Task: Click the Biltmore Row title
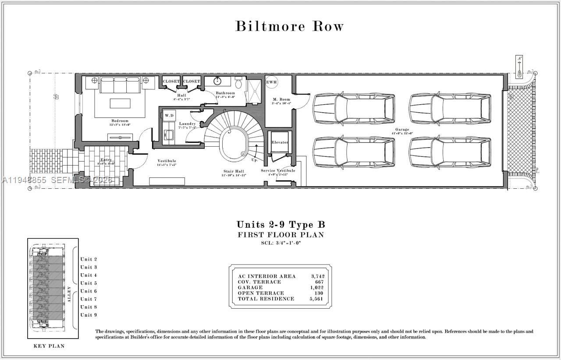click(289, 26)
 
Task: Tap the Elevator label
click(280, 143)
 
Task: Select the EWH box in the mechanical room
click(271, 82)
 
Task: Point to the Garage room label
click(402, 130)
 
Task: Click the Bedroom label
click(120, 121)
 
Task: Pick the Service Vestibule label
click(278, 170)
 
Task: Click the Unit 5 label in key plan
click(89, 283)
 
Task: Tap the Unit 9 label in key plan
click(89, 315)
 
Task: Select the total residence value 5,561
click(317, 299)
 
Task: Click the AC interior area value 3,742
click(317, 276)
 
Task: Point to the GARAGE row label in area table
click(250, 288)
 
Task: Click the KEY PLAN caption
click(49, 346)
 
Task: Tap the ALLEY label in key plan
click(69, 294)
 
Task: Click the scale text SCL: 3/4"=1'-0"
click(281, 243)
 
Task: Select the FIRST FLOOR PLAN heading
click(281, 235)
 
